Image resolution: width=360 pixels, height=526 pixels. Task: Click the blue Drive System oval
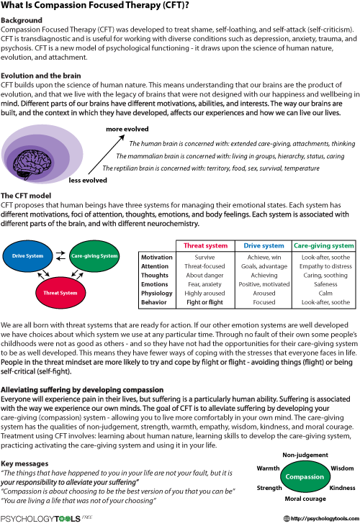click(27, 256)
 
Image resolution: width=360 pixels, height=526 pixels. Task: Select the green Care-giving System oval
click(94, 256)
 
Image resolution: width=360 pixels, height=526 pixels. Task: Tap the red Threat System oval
click(60, 293)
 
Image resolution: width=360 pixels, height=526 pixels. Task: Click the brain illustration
click(34, 163)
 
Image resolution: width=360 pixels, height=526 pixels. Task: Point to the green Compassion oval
click(305, 476)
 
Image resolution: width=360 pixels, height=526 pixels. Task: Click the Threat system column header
click(205, 245)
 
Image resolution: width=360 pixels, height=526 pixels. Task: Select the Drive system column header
click(264, 245)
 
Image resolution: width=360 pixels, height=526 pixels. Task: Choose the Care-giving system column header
click(324, 245)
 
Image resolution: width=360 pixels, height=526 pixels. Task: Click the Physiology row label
click(157, 293)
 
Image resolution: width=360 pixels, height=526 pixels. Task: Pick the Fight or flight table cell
click(204, 302)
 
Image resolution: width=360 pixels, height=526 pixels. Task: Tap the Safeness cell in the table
click(325, 284)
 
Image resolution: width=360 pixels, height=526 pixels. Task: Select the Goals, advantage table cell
click(264, 266)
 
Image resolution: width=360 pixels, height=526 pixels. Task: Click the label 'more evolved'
click(127, 129)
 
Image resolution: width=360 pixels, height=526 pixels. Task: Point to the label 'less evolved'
click(88, 181)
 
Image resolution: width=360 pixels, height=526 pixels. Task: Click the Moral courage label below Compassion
click(305, 499)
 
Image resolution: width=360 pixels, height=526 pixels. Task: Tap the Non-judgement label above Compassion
click(305, 455)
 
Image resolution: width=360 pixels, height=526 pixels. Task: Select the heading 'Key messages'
click(24, 463)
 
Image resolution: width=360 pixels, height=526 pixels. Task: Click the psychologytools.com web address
click(321, 519)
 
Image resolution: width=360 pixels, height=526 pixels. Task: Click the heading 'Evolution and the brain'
click(40, 76)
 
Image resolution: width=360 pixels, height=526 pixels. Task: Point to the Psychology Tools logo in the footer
click(46, 519)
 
